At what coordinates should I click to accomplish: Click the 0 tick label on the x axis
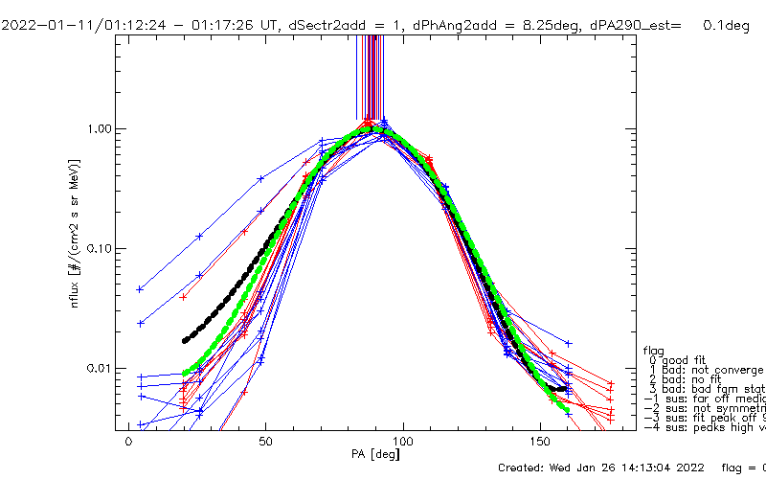[128, 445]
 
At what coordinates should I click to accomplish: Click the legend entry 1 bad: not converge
[704, 370]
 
